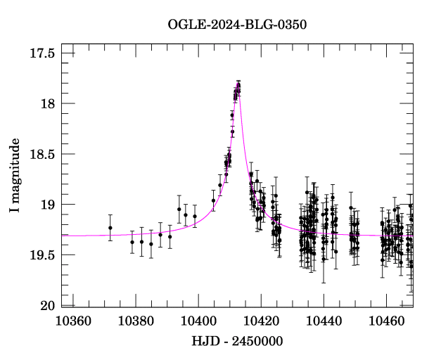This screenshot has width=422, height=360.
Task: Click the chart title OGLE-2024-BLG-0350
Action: pyautogui.click(x=237, y=24)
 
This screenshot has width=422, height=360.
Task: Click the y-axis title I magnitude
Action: pyautogui.click(x=15, y=176)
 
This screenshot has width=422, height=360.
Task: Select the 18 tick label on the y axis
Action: pyautogui.click(x=47, y=104)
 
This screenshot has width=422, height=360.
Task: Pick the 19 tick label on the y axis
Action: pyautogui.click(x=47, y=205)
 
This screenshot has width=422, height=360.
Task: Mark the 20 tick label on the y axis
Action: pyautogui.click(x=47, y=305)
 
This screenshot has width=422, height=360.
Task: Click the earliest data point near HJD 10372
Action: pyautogui.click(x=110, y=227)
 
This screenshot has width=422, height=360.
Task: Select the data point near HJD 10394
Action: pyautogui.click(x=179, y=209)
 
